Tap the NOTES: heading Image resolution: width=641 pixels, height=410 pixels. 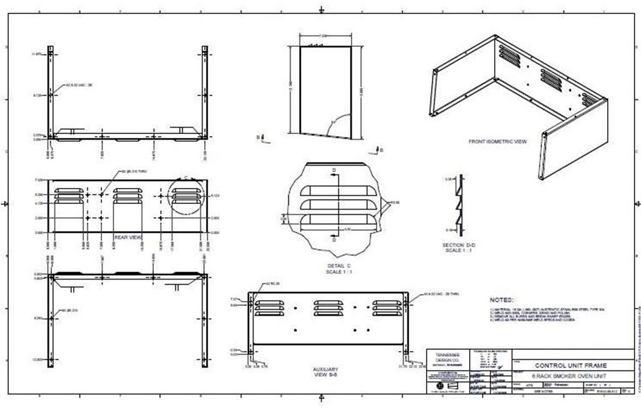pyautogui.click(x=501, y=300)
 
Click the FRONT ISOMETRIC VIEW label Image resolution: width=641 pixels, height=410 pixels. pyautogui.click(x=497, y=141)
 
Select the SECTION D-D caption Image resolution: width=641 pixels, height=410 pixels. pyautogui.click(x=457, y=246)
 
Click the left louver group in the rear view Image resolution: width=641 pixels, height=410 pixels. pyautogui.click(x=68, y=195)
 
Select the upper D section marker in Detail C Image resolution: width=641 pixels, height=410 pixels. pyautogui.click(x=334, y=171)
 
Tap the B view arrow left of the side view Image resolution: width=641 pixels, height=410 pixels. pyautogui.click(x=259, y=137)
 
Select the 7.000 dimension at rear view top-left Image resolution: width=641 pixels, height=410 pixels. pyautogui.click(x=38, y=180)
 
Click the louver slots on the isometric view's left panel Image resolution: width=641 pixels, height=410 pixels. pyautogui.click(x=509, y=56)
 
